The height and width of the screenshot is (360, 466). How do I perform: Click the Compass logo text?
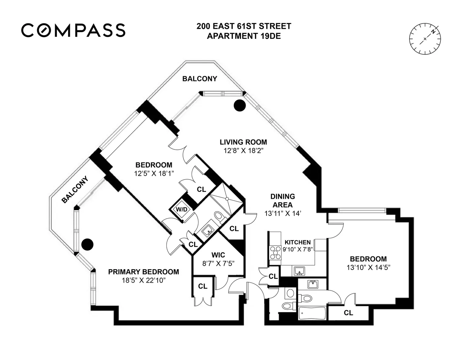[73, 30]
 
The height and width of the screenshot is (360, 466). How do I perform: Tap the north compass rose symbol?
[425, 39]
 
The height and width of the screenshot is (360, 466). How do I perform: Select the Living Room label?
[243, 142]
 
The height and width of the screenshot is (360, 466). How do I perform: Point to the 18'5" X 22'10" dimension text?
[144, 280]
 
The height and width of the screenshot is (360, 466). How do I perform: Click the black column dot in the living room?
[240, 105]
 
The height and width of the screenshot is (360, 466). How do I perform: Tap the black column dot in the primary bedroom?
[87, 245]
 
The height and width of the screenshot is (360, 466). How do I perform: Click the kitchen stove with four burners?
[275, 252]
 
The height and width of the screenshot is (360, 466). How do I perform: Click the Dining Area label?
[283, 200]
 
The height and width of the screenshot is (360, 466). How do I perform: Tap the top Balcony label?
[200, 78]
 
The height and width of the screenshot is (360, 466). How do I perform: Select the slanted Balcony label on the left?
[75, 189]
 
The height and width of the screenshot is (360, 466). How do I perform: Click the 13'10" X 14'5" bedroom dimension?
[368, 267]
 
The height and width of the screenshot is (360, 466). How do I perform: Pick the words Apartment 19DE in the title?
[243, 36]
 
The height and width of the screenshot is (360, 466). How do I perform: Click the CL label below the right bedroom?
[348, 313]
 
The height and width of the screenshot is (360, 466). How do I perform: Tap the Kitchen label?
[297, 242]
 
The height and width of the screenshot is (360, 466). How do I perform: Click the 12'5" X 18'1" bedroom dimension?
[154, 173]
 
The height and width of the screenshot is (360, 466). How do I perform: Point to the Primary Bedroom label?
[144, 272]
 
